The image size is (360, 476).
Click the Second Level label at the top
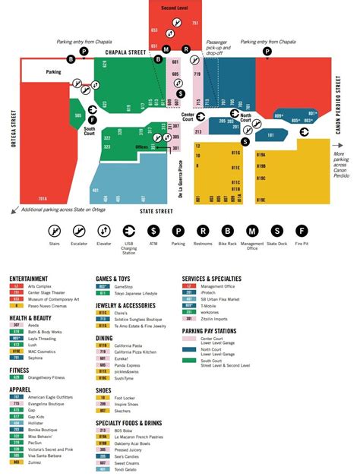175,8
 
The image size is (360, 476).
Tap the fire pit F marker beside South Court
93,119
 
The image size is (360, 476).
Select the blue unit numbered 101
270,136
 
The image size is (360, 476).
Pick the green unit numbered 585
78,116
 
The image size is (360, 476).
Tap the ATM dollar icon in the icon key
153,231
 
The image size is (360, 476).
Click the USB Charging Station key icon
128,231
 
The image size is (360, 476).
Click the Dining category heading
104,337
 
